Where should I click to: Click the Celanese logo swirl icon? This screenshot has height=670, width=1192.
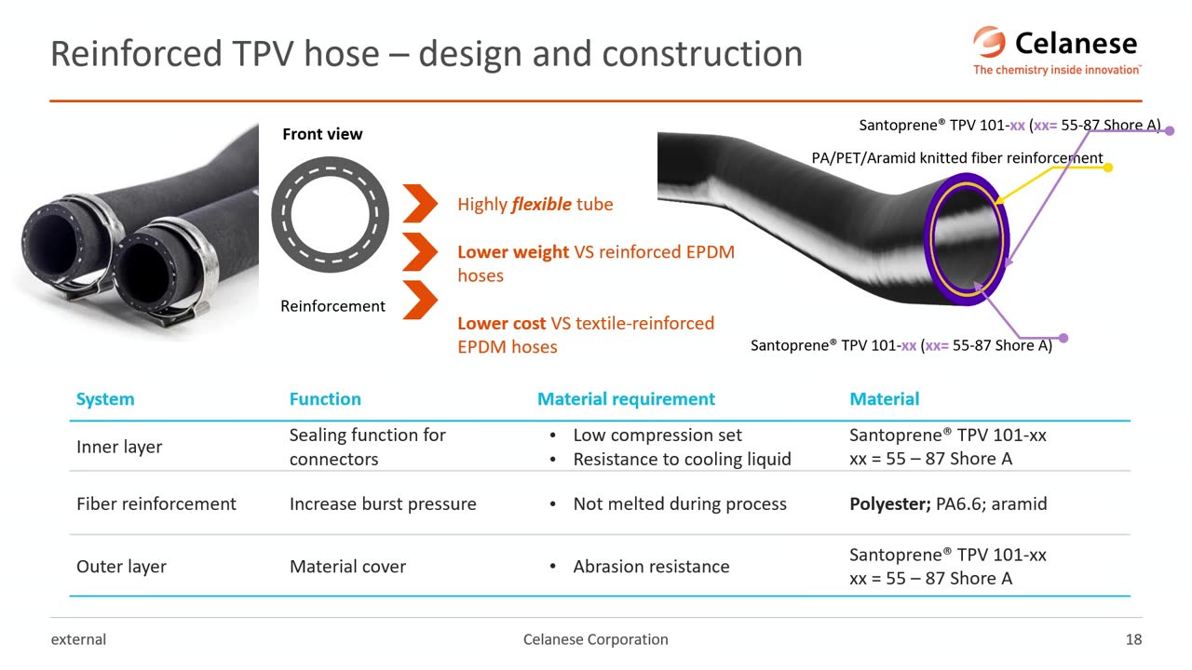click(989, 42)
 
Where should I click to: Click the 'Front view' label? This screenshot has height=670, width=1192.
click(322, 134)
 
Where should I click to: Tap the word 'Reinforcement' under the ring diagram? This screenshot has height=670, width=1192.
click(332, 306)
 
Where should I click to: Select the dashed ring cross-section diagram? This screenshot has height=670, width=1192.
click(331, 215)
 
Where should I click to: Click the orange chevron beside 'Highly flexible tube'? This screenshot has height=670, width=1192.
click(420, 204)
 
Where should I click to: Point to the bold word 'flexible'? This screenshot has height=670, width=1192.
click(541, 204)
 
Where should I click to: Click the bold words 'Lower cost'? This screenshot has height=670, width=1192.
click(502, 323)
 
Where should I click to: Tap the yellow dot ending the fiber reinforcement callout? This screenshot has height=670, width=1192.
click(1108, 167)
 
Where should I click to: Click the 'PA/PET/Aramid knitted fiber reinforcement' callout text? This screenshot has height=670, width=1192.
click(957, 158)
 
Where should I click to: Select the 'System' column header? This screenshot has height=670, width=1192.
click(105, 399)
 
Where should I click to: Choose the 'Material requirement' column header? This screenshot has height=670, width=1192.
click(626, 399)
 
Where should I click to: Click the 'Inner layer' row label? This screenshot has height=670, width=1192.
click(119, 447)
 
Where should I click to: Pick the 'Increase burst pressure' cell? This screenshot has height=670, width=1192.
click(383, 503)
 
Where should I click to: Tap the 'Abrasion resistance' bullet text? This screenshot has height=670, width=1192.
click(651, 567)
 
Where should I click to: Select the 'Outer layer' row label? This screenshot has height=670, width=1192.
click(121, 567)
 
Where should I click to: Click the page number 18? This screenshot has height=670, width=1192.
click(1133, 639)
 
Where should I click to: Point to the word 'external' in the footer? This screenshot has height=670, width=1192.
click(78, 639)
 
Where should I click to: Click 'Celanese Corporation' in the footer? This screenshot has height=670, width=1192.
click(596, 639)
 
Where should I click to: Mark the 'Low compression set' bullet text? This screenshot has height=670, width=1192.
click(657, 435)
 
